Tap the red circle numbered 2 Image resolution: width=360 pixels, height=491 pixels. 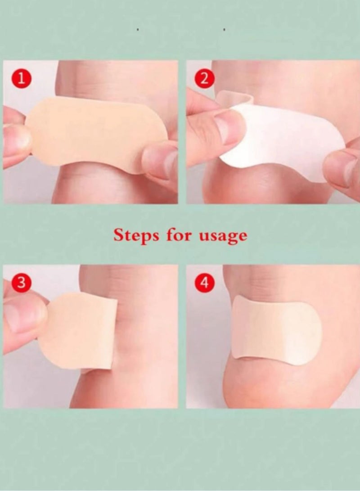(204, 79)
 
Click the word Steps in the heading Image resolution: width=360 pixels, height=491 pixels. (135, 235)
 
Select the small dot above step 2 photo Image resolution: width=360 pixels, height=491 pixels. (224, 30)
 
